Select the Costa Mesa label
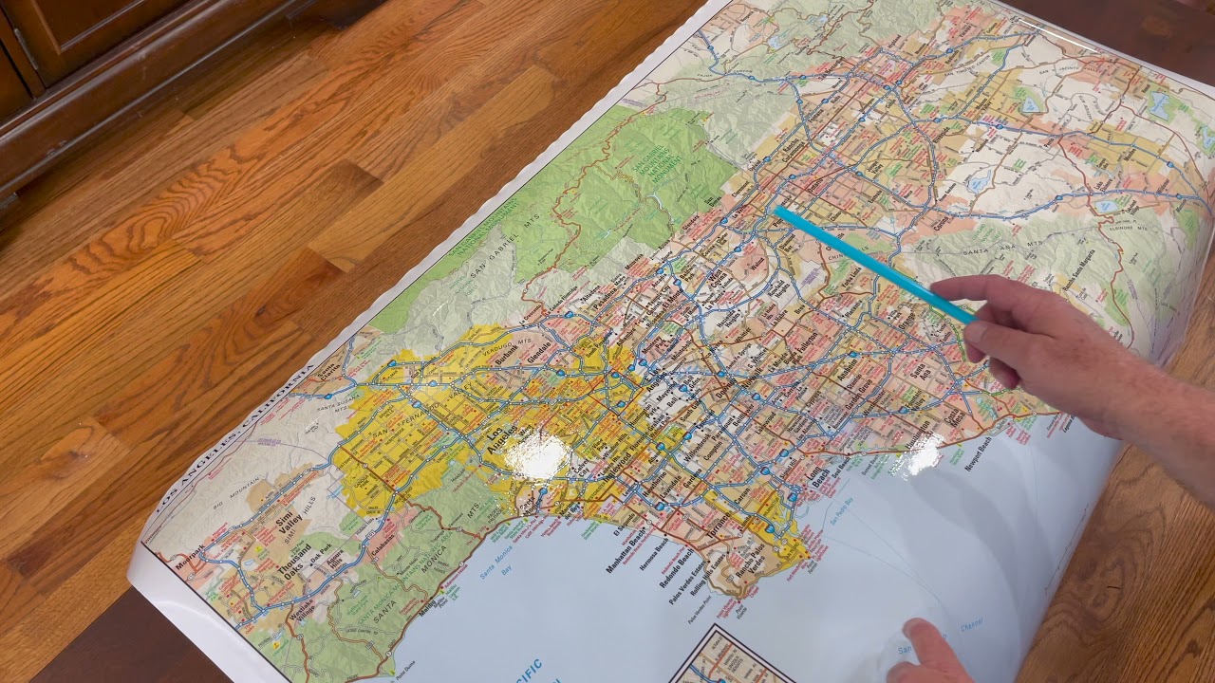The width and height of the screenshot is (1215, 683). [952, 417]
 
